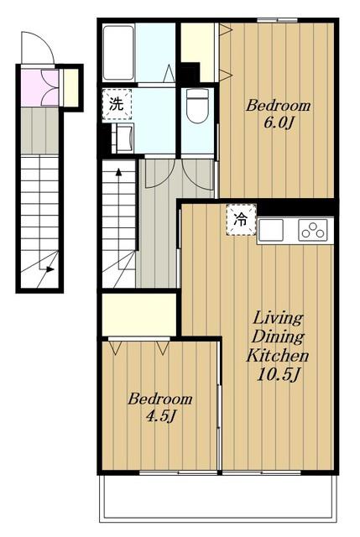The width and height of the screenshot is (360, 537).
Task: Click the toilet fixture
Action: pyautogui.click(x=197, y=106)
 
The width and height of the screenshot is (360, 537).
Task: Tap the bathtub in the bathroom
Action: pyautogui.click(x=118, y=53)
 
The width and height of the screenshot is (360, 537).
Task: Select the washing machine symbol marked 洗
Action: pyautogui.click(x=117, y=104)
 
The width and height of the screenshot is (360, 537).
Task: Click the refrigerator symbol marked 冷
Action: pyautogui.click(x=241, y=220)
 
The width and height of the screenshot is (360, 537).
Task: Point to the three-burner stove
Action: pyautogui.click(x=312, y=230)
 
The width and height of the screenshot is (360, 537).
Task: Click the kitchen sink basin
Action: pyautogui.click(x=271, y=230)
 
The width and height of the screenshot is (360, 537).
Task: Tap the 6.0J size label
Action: pyautogui.click(x=278, y=123)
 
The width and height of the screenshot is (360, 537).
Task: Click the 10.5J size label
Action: pyautogui.click(x=278, y=375)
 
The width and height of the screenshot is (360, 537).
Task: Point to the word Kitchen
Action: pyautogui.click(x=278, y=356)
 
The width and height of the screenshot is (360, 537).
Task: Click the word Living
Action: pyautogui.click(x=278, y=319)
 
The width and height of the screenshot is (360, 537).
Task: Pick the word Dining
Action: pyautogui.click(x=278, y=337)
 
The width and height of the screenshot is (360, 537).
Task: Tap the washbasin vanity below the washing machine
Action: pyautogui.click(x=123, y=139)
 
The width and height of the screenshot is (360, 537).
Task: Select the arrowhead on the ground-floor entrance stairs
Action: pyautogui.click(x=50, y=269)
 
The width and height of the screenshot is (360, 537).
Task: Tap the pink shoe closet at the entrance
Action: pyautogui.click(x=39, y=88)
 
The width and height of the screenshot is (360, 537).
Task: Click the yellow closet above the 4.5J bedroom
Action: pyautogui.click(x=139, y=315)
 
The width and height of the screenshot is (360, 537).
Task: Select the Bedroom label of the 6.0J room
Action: pyautogui.click(x=278, y=106)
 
